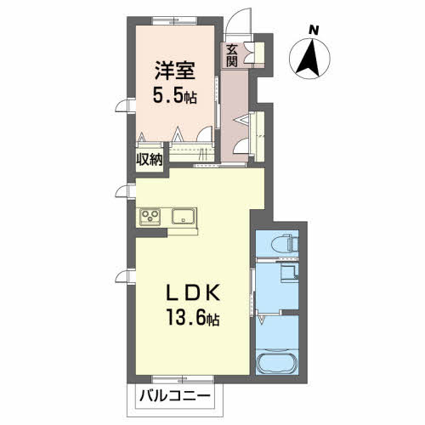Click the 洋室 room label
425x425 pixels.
tap(175, 71)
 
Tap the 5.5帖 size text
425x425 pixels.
tap(175, 95)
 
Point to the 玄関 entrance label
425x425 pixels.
tap(232, 56)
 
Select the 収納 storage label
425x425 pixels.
tap(150, 161)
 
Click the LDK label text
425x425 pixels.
tap(193, 292)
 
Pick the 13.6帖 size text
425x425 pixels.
tap(193, 317)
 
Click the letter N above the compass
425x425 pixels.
tap(313, 30)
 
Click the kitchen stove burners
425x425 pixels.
tap(150, 217)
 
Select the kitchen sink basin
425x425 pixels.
tap(184, 217)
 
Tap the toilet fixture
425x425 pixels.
tap(285, 243)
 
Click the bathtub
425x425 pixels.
tap(277, 362)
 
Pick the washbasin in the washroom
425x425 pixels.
tap(289, 273)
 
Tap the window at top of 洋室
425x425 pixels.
tap(174, 21)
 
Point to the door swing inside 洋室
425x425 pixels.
tap(205, 133)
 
